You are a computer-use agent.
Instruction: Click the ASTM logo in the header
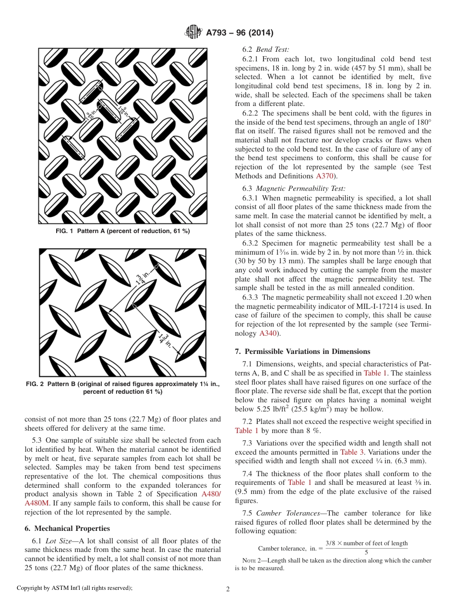[194, 33]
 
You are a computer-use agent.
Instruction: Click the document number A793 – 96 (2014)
[240, 33]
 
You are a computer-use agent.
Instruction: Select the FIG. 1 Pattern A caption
[123, 231]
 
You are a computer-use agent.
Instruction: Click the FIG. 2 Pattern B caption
[123, 388]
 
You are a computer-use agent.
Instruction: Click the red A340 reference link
[267, 333]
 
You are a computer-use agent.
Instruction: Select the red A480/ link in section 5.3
[211, 494]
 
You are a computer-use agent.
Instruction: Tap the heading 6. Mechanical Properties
[67, 528]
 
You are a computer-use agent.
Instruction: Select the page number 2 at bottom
[228, 589]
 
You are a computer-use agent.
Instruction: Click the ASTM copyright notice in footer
[74, 588]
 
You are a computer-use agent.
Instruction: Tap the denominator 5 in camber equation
[366, 552]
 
